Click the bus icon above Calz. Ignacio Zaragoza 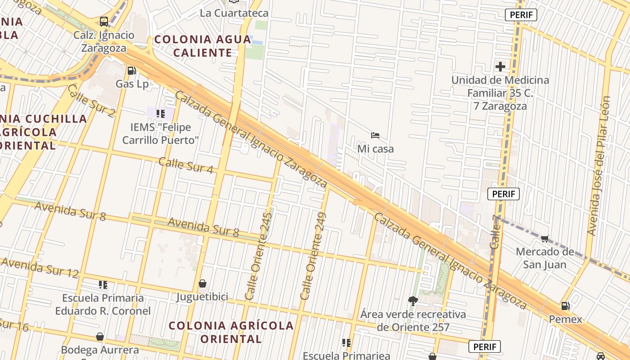click(104, 21)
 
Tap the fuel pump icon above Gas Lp click(131, 70)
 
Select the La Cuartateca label click(234, 13)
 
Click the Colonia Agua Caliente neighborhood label click(202, 46)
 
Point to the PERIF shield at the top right click(521, 15)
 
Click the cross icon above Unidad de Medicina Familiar click(500, 67)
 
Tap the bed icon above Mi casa click(375, 135)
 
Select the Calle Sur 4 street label click(186, 165)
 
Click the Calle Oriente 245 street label click(259, 256)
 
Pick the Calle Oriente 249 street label click(313, 256)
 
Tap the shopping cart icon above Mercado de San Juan click(545, 238)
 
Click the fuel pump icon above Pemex click(565, 306)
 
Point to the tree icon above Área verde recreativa click(413, 301)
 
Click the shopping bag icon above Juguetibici click(202, 283)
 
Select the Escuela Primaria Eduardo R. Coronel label click(103, 304)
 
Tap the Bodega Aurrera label click(100, 350)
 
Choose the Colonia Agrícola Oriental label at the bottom click(231, 332)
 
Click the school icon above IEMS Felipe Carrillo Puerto click(161, 113)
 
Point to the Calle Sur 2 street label click(91, 100)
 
